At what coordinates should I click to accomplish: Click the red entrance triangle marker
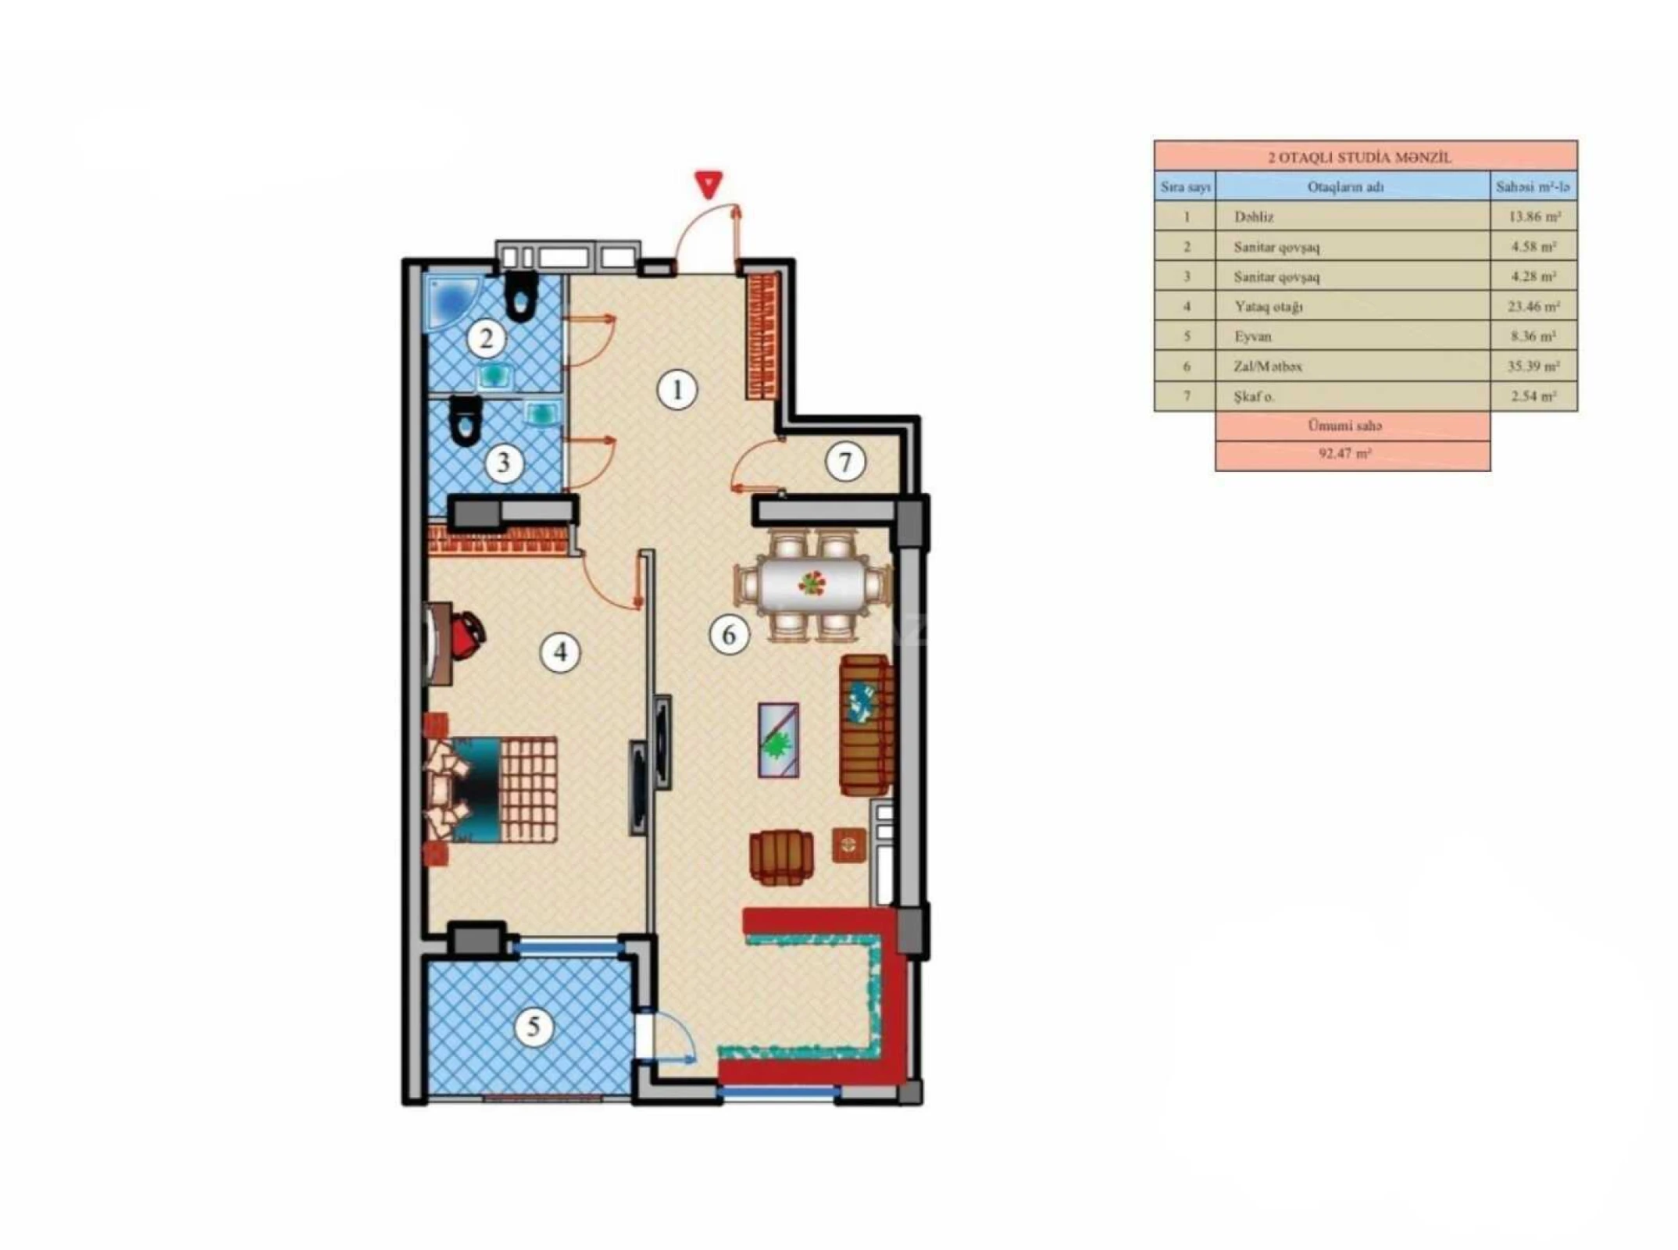(x=708, y=185)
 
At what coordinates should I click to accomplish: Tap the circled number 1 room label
(x=677, y=389)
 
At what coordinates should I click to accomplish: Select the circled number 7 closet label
(x=844, y=462)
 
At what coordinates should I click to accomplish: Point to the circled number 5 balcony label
(x=534, y=1026)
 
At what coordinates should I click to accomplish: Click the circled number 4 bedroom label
(x=560, y=652)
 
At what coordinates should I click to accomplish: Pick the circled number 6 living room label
(x=729, y=634)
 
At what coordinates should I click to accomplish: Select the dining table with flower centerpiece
(x=812, y=583)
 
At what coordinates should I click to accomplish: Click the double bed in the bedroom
(x=492, y=789)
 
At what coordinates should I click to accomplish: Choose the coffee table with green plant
(x=778, y=740)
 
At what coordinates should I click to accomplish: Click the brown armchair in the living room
(x=780, y=858)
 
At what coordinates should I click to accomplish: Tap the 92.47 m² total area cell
(x=1351, y=453)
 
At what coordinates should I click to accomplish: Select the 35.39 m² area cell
(x=1533, y=366)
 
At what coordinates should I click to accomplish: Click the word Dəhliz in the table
(x=1254, y=217)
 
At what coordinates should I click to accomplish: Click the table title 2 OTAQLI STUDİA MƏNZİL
(x=1365, y=157)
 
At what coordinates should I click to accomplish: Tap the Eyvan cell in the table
(x=1253, y=337)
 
